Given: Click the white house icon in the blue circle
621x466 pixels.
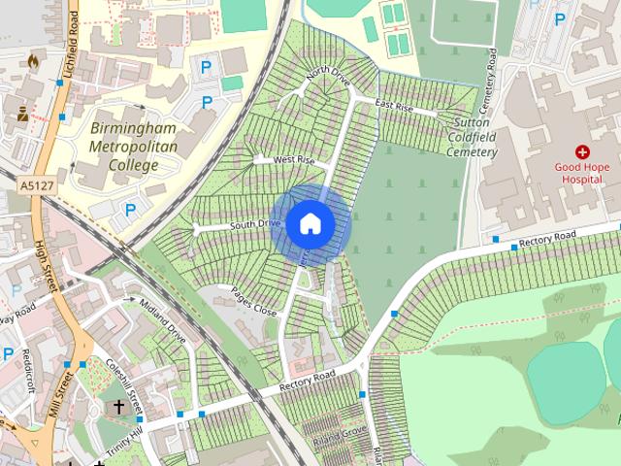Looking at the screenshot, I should point(310,223).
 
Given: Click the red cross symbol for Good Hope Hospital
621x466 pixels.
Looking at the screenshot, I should point(582,152).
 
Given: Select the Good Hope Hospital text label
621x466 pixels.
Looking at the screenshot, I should point(582,172).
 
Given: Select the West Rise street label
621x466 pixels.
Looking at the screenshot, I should point(294,159).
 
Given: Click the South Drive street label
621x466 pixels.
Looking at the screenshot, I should point(255,224).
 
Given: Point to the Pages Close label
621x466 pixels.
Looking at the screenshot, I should point(253,301).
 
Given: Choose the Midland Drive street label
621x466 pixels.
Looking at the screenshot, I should point(162,321).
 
